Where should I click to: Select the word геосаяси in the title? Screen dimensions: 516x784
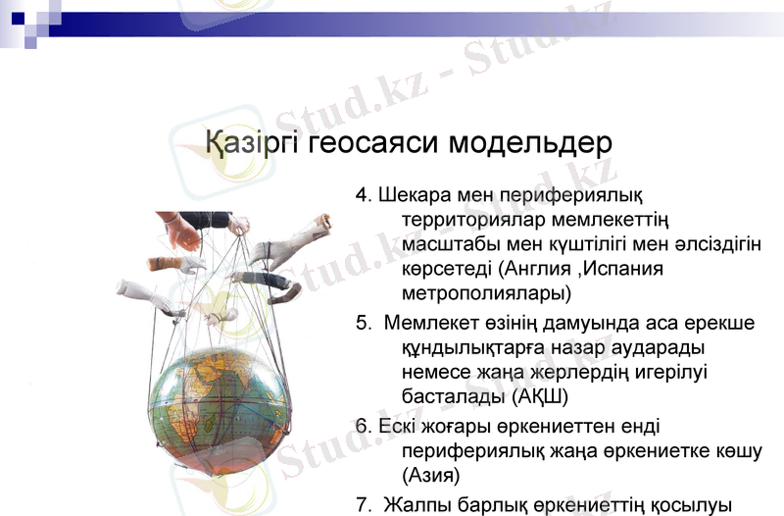374,143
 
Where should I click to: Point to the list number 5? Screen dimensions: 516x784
362,323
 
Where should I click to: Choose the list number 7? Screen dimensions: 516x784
362,504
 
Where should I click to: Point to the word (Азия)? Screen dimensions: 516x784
430,475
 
